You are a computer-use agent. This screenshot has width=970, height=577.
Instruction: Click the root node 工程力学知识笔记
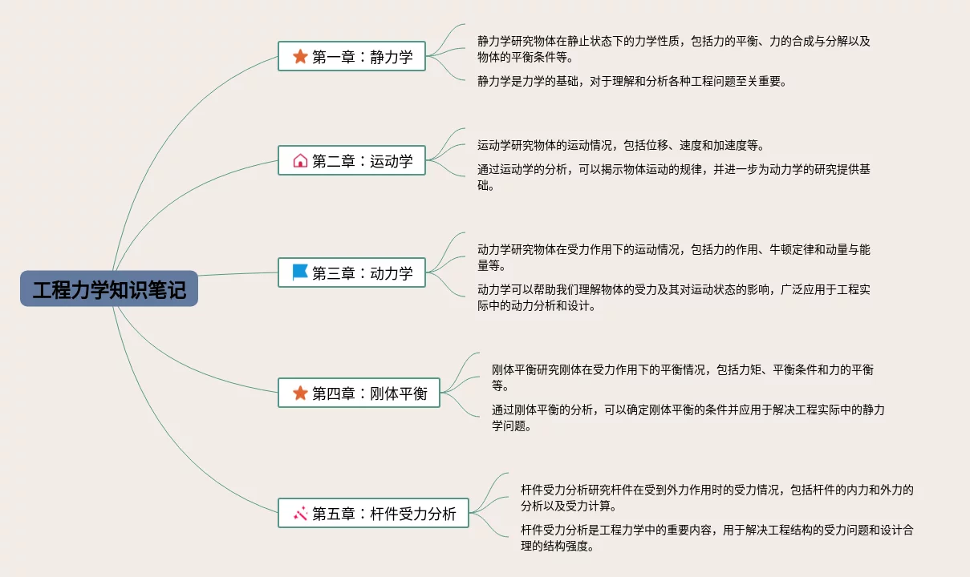(109, 288)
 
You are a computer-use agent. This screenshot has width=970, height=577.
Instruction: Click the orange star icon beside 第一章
(300, 56)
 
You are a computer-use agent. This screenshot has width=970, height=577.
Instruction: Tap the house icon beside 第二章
(300, 160)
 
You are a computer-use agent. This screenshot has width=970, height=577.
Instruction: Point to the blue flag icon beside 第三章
(300, 272)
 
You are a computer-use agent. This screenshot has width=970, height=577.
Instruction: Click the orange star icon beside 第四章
(300, 393)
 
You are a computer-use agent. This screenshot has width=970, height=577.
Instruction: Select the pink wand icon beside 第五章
(300, 513)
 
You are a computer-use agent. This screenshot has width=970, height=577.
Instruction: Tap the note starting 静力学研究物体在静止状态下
(674, 49)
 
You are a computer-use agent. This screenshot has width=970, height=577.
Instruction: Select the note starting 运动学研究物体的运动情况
(620, 145)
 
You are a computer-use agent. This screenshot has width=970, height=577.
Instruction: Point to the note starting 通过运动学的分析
(674, 177)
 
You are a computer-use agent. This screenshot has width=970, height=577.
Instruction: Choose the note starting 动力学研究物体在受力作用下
(674, 257)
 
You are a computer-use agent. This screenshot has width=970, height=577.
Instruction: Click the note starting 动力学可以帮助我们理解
(674, 297)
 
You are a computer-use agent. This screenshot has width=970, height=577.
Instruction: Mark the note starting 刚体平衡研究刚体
(682, 377)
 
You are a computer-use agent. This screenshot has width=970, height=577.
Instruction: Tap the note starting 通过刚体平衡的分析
(688, 418)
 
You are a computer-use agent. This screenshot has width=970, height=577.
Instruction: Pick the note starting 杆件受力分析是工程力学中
(716, 538)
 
